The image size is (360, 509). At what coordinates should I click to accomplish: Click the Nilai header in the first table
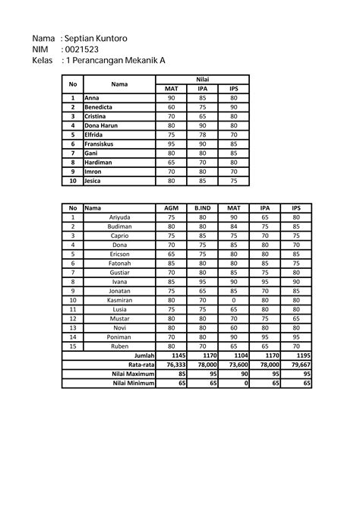click(202, 80)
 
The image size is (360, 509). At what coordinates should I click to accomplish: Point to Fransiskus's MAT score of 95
click(171, 144)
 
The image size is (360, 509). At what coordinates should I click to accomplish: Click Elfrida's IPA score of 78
click(202, 134)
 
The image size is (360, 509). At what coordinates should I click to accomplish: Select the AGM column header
click(171, 208)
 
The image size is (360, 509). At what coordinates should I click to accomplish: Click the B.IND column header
click(202, 208)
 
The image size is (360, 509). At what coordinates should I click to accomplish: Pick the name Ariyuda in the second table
click(119, 217)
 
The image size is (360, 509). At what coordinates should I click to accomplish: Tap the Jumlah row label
click(144, 356)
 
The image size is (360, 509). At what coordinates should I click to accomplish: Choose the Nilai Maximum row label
click(133, 374)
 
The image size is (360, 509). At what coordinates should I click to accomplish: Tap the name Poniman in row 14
click(119, 337)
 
